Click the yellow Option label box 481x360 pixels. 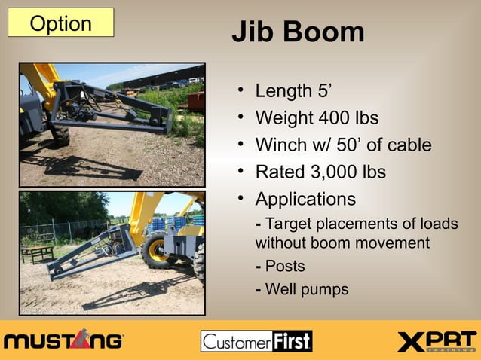60,23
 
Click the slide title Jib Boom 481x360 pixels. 298,32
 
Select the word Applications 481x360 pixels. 305,200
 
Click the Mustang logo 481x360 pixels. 63,340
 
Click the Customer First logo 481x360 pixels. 256,341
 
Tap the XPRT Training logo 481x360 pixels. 437,341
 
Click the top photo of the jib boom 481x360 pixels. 112,125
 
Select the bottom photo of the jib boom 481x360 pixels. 112,252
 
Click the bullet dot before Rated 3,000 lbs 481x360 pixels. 239,172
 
